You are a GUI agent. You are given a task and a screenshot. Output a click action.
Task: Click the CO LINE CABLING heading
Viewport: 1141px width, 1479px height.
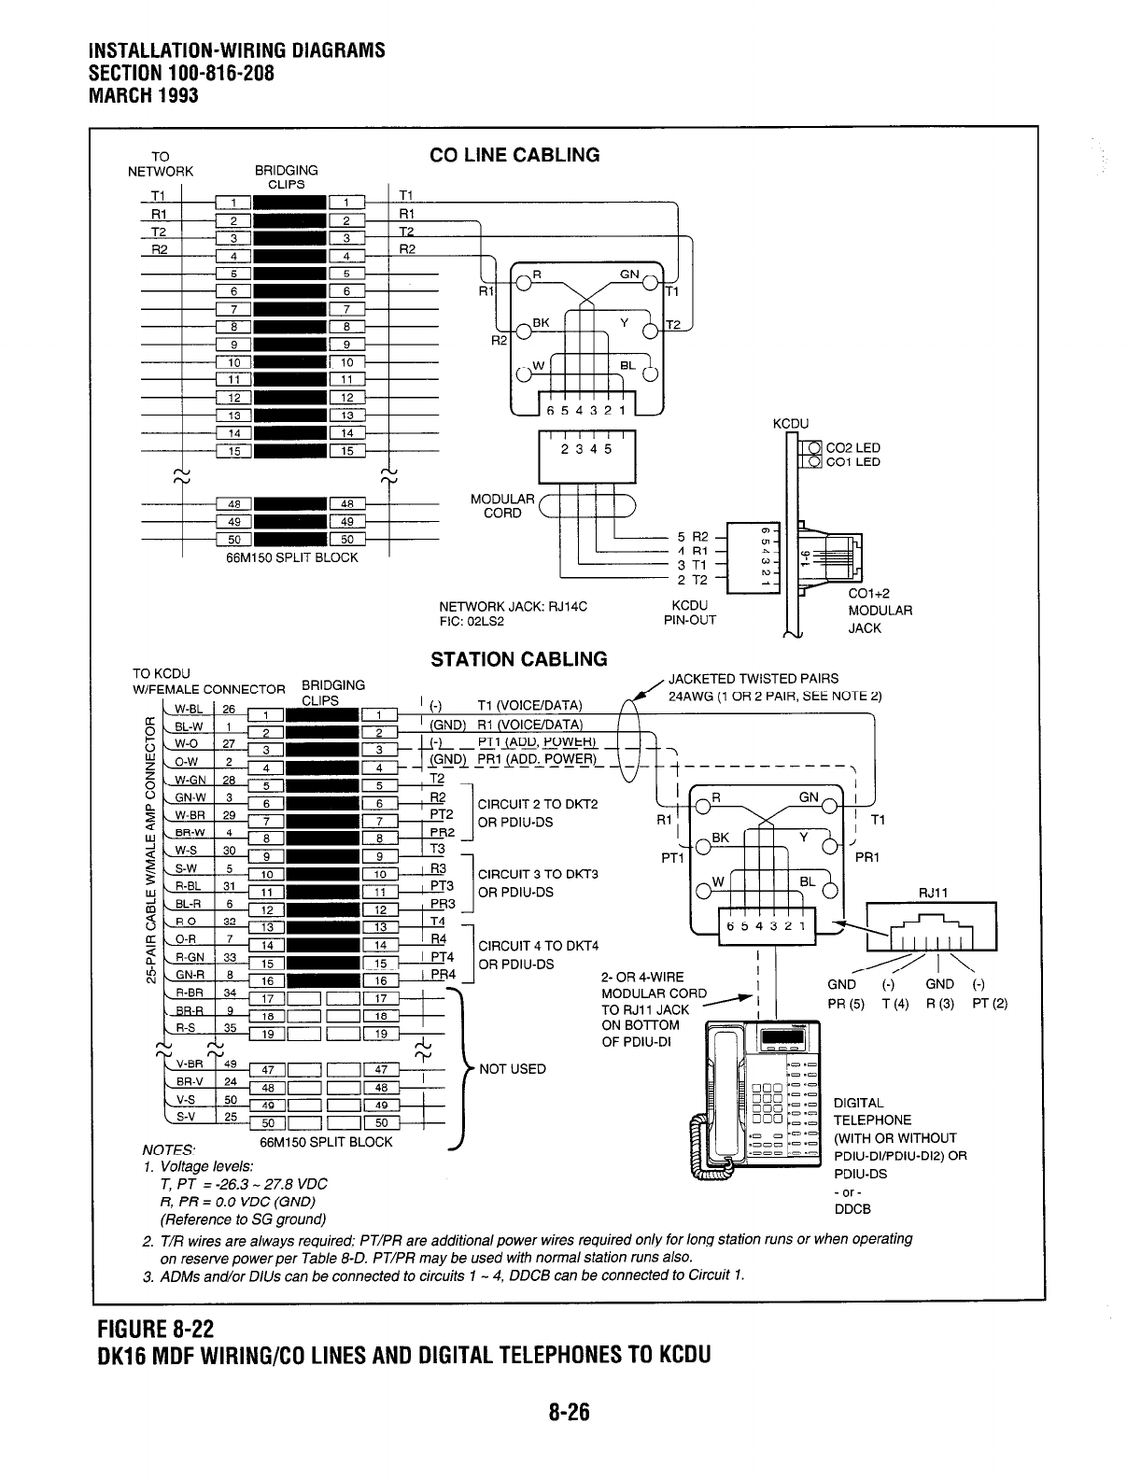point(514,155)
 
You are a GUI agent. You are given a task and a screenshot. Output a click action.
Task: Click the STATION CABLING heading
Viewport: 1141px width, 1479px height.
point(518,659)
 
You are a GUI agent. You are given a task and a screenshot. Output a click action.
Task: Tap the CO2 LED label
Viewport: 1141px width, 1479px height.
point(853,448)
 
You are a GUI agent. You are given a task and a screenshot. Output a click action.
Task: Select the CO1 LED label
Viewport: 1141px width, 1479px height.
point(853,462)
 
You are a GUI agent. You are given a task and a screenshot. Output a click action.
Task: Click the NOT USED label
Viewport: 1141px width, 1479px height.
point(512,1068)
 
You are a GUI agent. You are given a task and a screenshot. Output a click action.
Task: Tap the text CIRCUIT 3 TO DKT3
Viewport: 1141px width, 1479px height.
point(537,875)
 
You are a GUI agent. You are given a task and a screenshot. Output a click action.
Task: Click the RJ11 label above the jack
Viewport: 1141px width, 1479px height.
point(933,893)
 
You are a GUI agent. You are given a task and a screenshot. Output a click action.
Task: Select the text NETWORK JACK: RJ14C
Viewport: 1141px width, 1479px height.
point(513,606)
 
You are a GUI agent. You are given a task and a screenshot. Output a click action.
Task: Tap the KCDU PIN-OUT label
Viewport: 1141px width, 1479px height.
point(689,613)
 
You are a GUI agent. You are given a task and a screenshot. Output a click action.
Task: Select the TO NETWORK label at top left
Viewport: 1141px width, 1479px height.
point(161,163)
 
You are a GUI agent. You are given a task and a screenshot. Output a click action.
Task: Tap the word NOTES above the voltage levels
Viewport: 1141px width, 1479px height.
point(161,1149)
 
